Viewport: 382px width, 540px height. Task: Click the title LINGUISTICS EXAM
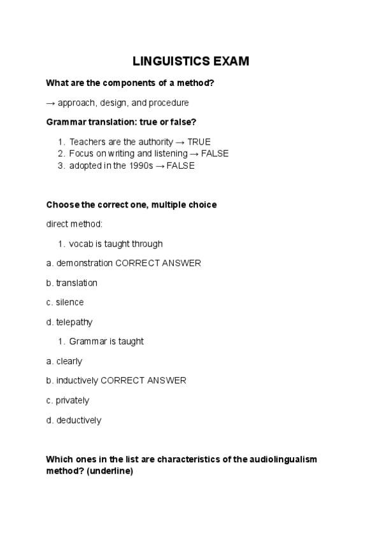pos(191,62)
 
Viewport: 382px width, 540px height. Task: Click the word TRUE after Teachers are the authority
pos(199,142)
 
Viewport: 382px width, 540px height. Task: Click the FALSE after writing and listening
pos(215,153)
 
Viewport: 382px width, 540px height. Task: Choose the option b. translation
pos(71,283)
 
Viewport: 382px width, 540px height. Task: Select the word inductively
pos(77,381)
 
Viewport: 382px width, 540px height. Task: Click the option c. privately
pos(67,401)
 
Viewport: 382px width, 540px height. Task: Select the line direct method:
pos(74,224)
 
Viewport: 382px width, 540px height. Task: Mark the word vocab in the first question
pos(80,244)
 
